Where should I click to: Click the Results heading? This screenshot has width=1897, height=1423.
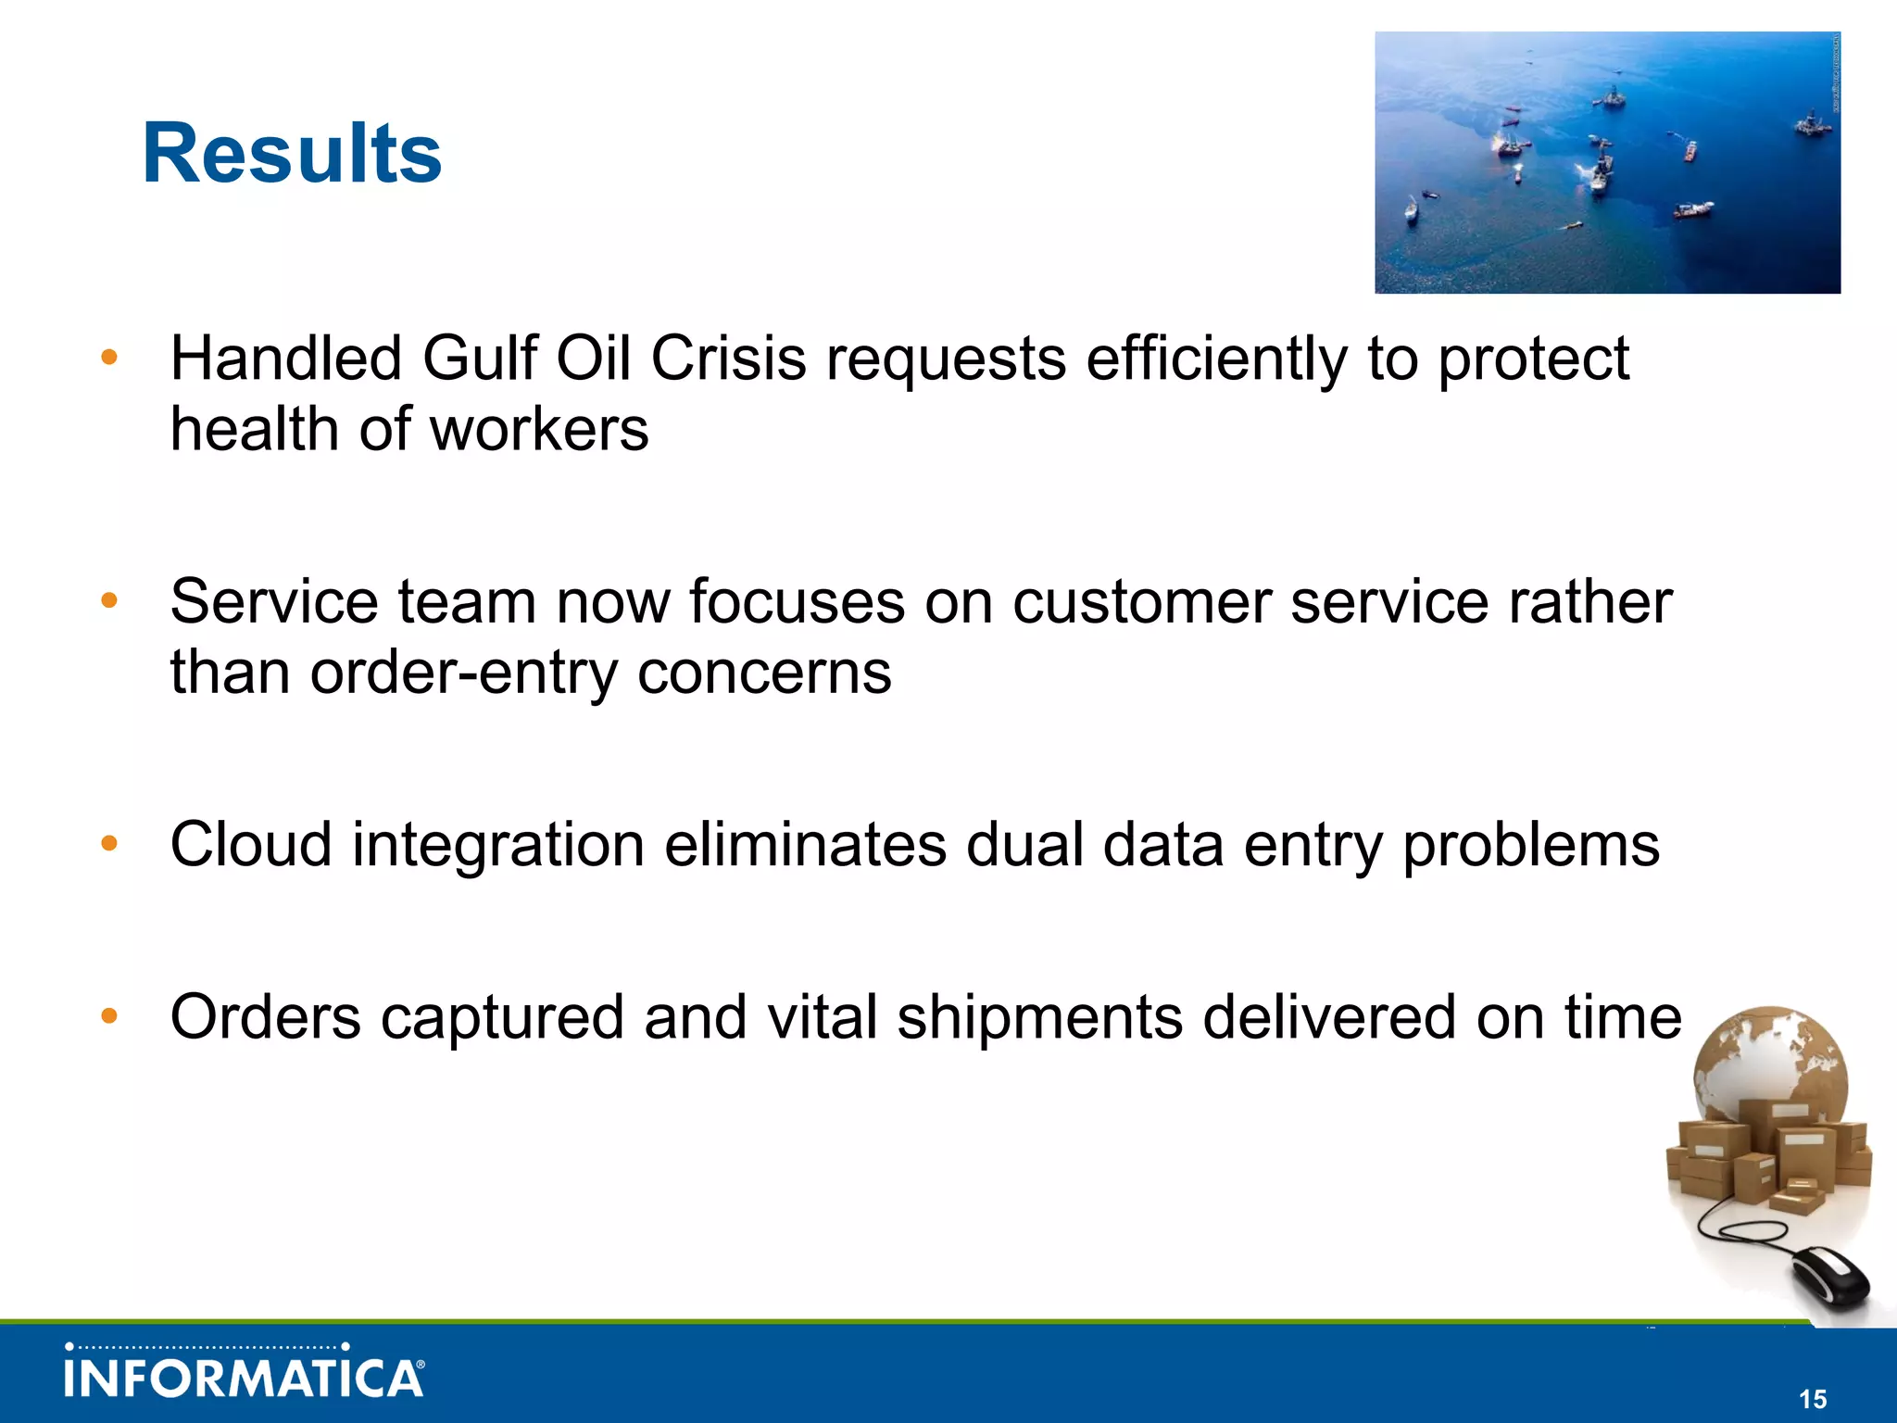tap(292, 155)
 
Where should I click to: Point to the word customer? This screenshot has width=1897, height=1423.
tap(1142, 602)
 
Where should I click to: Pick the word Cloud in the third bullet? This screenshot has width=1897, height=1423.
tap(251, 845)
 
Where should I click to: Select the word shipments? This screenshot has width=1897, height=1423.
tap(1039, 1017)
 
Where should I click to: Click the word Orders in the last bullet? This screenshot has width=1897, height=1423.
tap(266, 1017)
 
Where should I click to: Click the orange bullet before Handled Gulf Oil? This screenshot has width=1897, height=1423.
tap(109, 358)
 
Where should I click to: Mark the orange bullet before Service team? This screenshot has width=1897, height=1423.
tap(109, 601)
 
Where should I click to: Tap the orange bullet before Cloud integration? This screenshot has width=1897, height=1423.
tap(109, 843)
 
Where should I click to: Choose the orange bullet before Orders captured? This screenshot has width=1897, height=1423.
tap(109, 1016)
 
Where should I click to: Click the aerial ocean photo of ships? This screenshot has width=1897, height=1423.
tap(1607, 163)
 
